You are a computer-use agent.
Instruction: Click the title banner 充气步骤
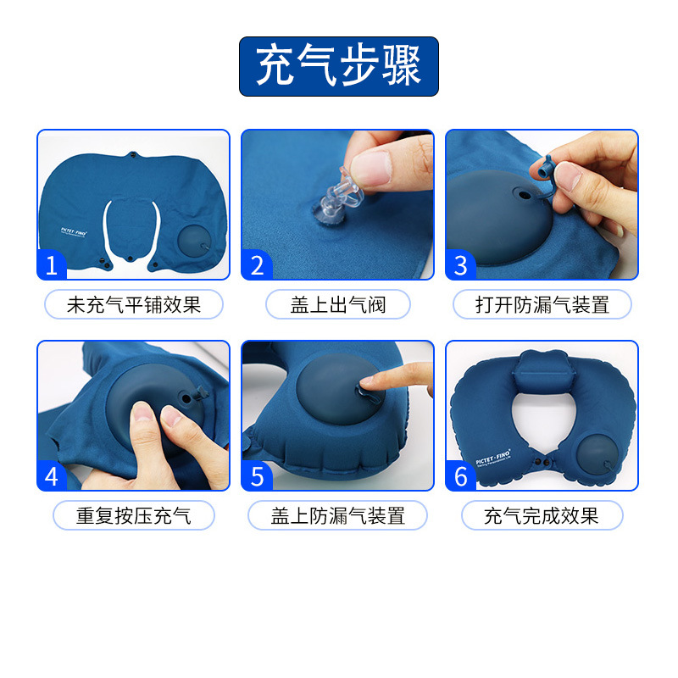(x=338, y=66)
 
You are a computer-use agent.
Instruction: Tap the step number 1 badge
(x=52, y=265)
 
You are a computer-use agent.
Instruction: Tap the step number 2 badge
(x=257, y=265)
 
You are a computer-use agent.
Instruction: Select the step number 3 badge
(x=461, y=265)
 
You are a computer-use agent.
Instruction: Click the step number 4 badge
(x=52, y=476)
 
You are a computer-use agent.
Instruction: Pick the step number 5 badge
(x=257, y=476)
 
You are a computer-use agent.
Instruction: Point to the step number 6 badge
(x=461, y=476)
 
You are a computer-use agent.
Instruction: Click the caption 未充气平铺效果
(x=133, y=305)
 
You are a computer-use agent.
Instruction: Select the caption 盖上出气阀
(x=337, y=305)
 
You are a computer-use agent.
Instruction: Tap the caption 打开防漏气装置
(x=542, y=305)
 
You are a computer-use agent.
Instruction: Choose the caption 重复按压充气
(x=133, y=515)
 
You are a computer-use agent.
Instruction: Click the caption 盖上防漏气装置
(x=337, y=515)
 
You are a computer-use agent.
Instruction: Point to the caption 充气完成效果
(x=542, y=515)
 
